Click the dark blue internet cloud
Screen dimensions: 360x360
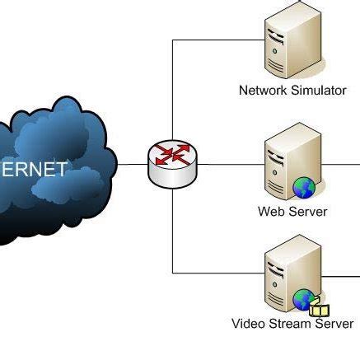(x=58, y=169)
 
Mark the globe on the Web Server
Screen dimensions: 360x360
(x=304, y=188)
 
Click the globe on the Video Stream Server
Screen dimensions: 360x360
(x=303, y=299)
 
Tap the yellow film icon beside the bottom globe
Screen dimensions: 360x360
(x=320, y=311)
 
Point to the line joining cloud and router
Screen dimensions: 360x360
(x=132, y=165)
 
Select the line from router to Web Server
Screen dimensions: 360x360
(x=231, y=165)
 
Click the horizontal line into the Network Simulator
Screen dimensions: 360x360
(x=218, y=40)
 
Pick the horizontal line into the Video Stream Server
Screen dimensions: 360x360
(x=218, y=272)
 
